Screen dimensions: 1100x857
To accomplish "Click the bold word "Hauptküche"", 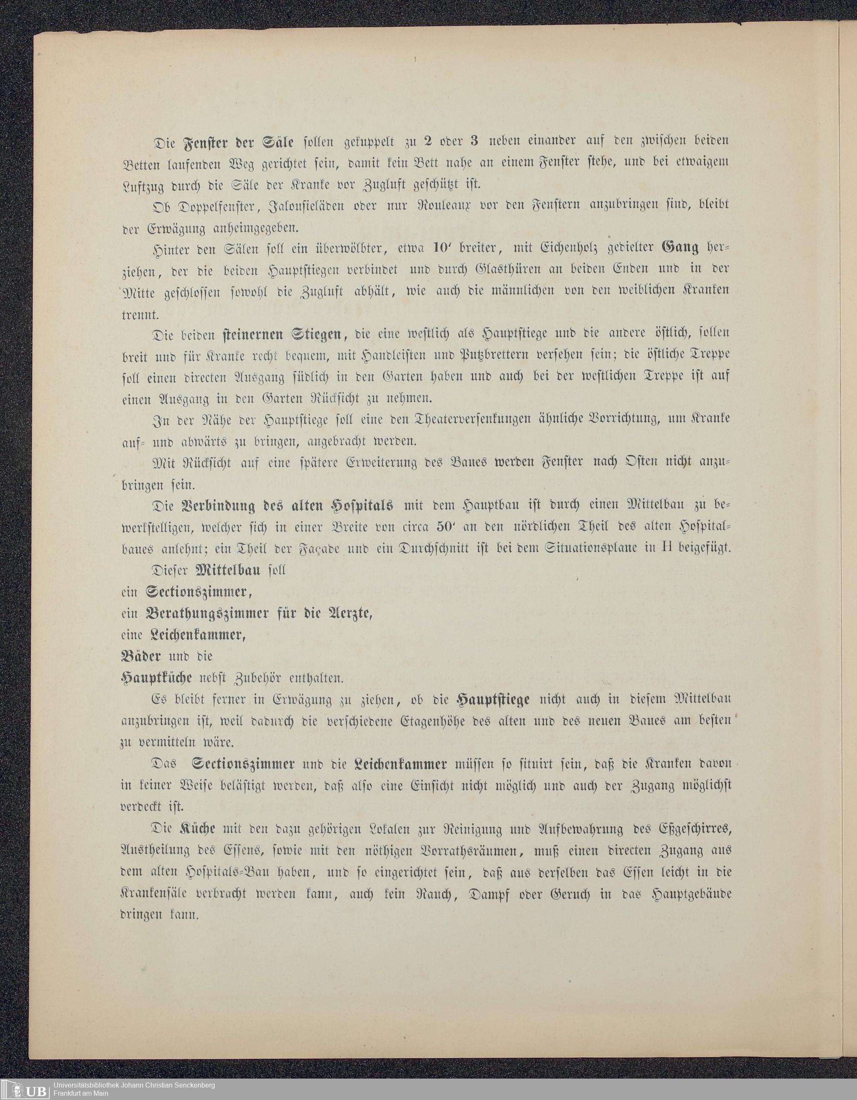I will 161,679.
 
